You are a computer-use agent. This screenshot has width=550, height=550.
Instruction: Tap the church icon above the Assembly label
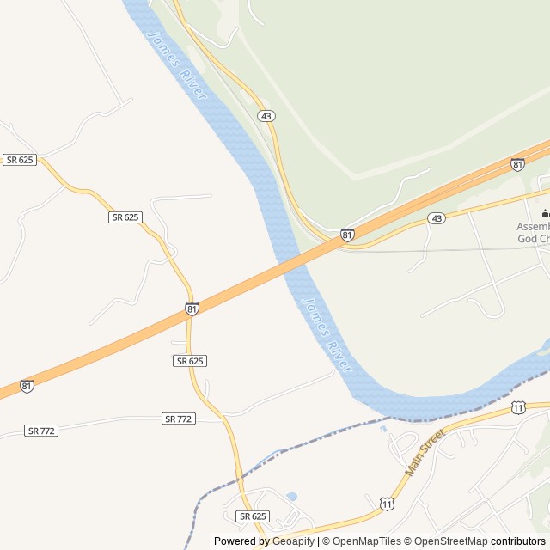point(544,213)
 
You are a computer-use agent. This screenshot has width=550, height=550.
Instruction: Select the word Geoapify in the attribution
point(294,541)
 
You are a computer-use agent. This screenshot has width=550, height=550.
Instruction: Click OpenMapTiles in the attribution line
point(366,541)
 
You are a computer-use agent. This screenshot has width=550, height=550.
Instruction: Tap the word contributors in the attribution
point(518,541)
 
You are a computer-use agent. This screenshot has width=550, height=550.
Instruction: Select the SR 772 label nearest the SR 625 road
point(179,419)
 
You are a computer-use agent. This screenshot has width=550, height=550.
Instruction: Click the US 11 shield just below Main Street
point(387,503)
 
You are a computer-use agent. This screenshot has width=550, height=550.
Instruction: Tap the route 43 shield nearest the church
point(437,218)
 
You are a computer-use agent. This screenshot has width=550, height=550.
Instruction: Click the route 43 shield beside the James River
point(266,115)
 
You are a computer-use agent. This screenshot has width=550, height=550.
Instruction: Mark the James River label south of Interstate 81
point(327,335)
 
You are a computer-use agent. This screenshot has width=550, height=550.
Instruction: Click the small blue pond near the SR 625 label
point(291,497)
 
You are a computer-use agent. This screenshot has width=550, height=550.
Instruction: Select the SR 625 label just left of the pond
point(253,516)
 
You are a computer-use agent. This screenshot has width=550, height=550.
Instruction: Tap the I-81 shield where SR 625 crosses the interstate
point(192,309)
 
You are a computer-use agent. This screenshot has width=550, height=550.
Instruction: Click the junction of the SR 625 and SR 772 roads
point(222,417)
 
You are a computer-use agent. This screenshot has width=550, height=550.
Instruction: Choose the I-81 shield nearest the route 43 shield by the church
point(347,234)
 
